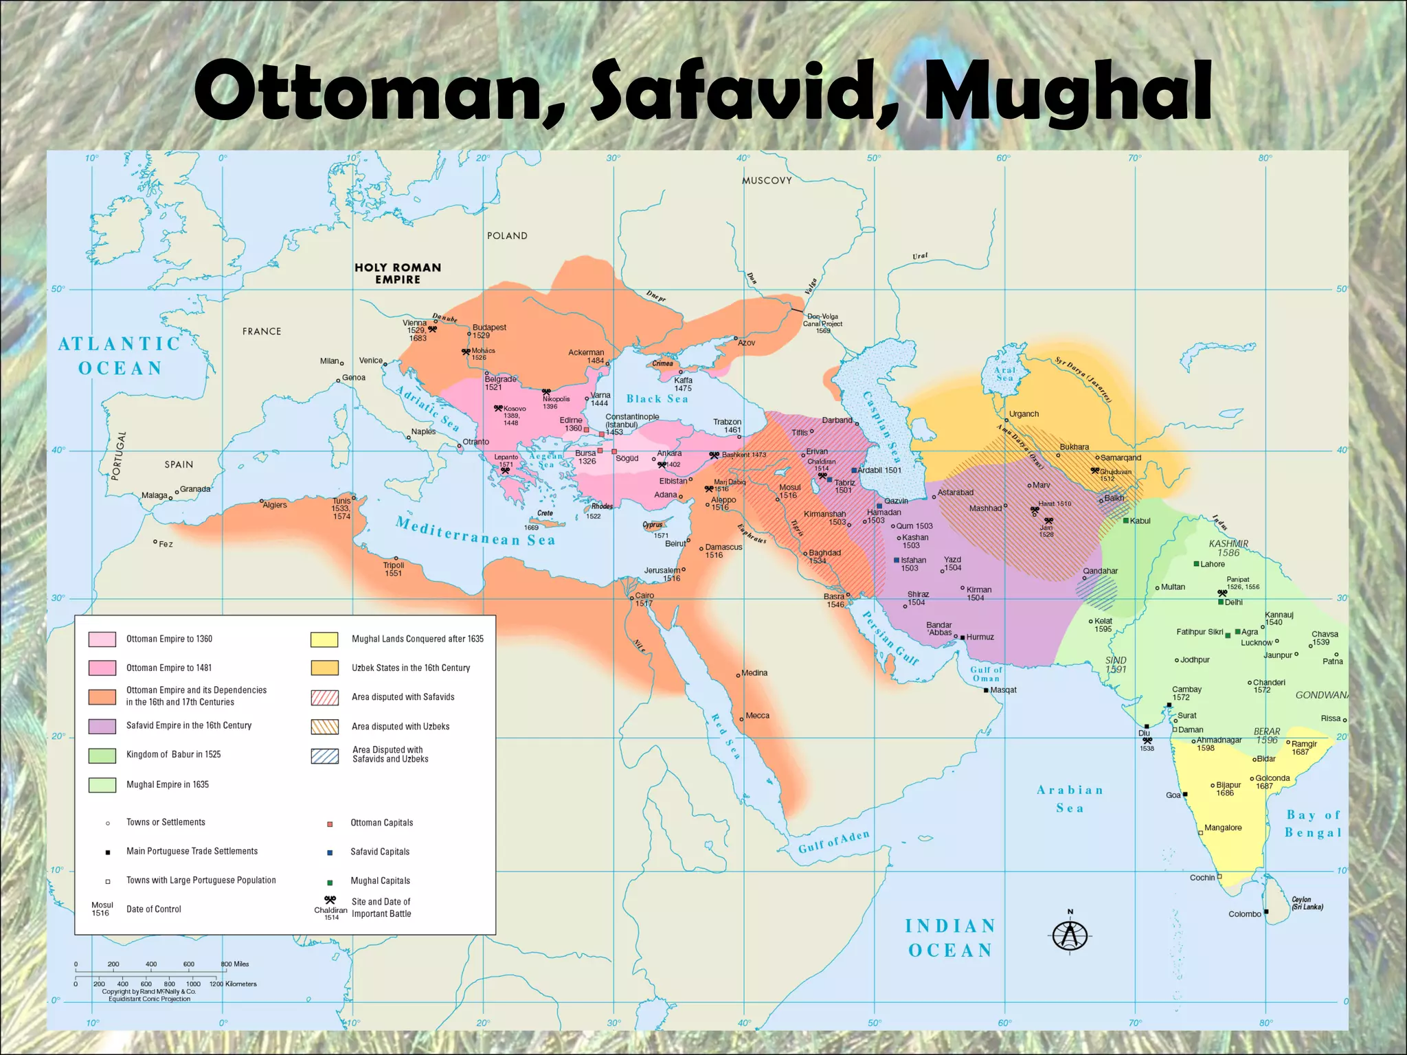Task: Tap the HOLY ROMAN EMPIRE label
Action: click(398, 273)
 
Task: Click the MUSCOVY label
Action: click(767, 181)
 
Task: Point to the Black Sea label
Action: click(657, 399)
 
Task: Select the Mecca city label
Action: click(757, 716)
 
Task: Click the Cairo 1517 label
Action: click(644, 599)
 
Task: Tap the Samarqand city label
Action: click(1121, 457)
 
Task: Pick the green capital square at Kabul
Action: click(1126, 521)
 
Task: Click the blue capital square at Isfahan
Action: click(897, 560)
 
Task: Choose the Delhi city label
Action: click(1233, 602)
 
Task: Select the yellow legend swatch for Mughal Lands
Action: click(324, 639)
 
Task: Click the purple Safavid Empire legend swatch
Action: click(102, 726)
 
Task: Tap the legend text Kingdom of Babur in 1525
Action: click(173, 754)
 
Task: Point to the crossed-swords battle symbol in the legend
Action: click(330, 900)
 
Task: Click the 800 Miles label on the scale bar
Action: click(235, 964)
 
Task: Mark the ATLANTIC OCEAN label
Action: click(120, 356)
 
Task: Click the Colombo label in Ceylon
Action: click(1244, 914)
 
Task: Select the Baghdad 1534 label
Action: click(824, 556)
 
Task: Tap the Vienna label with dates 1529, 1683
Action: click(416, 330)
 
